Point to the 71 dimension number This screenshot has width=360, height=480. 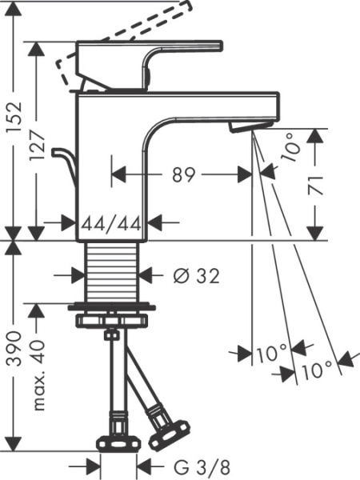(317, 184)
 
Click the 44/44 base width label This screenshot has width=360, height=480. (113, 224)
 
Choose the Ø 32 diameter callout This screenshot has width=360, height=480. (196, 275)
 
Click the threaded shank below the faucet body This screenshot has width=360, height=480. (113, 272)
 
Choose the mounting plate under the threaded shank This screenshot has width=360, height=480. (113, 307)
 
